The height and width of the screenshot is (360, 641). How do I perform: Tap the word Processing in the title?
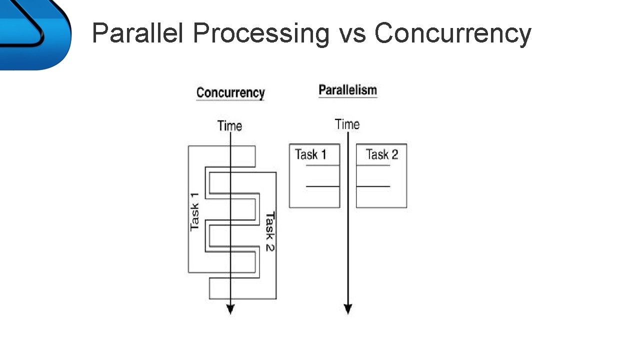tap(260, 34)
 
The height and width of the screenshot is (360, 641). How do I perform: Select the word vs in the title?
tap(352, 34)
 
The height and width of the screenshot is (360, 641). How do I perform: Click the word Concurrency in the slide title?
tap(452, 34)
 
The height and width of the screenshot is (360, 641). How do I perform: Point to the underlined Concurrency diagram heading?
tap(230, 93)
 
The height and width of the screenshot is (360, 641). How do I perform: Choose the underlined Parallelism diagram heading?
tap(347, 90)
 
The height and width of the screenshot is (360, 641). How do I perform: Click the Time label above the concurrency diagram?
tap(229, 126)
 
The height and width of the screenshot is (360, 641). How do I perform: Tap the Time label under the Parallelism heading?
tap(347, 124)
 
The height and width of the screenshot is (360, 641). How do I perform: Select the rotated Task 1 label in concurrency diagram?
tap(194, 211)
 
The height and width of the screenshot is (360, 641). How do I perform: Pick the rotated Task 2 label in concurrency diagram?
tap(269, 231)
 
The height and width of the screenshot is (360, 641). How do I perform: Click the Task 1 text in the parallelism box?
tap(310, 154)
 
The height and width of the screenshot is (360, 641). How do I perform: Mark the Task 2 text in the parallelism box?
tap(381, 154)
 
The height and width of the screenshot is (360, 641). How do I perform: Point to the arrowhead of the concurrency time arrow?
tap(230, 309)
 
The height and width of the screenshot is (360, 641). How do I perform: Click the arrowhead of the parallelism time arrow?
tap(348, 309)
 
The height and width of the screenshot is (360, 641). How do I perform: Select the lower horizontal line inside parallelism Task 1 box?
tap(322, 186)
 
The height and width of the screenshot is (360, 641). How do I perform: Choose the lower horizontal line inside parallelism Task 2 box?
tap(373, 186)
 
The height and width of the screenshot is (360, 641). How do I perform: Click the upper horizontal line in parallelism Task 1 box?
tap(322, 165)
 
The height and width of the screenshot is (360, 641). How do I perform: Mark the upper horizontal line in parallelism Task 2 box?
tap(373, 165)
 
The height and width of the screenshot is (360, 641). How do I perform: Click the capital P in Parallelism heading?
tap(322, 90)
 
